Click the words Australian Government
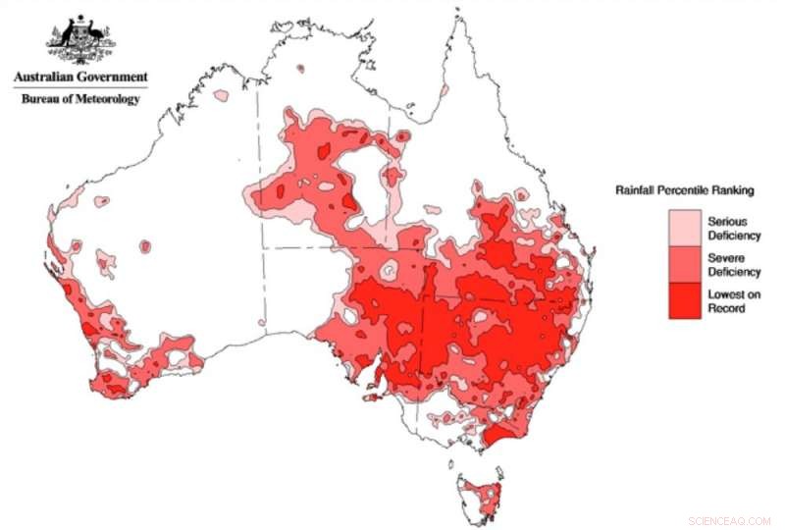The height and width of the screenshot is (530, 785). tap(80, 77)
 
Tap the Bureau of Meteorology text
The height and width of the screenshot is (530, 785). tap(81, 98)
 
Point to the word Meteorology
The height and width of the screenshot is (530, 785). tap(108, 98)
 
